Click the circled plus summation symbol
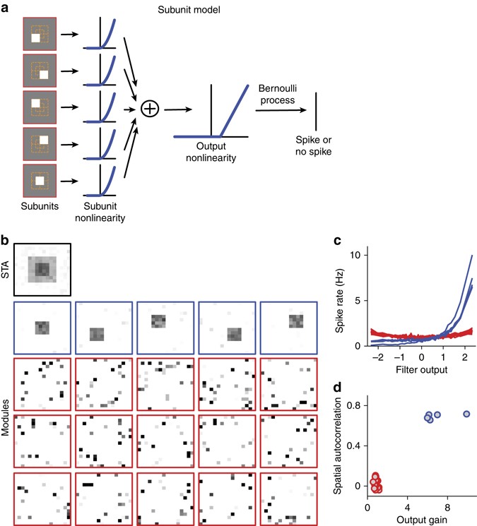coord(149,109)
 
